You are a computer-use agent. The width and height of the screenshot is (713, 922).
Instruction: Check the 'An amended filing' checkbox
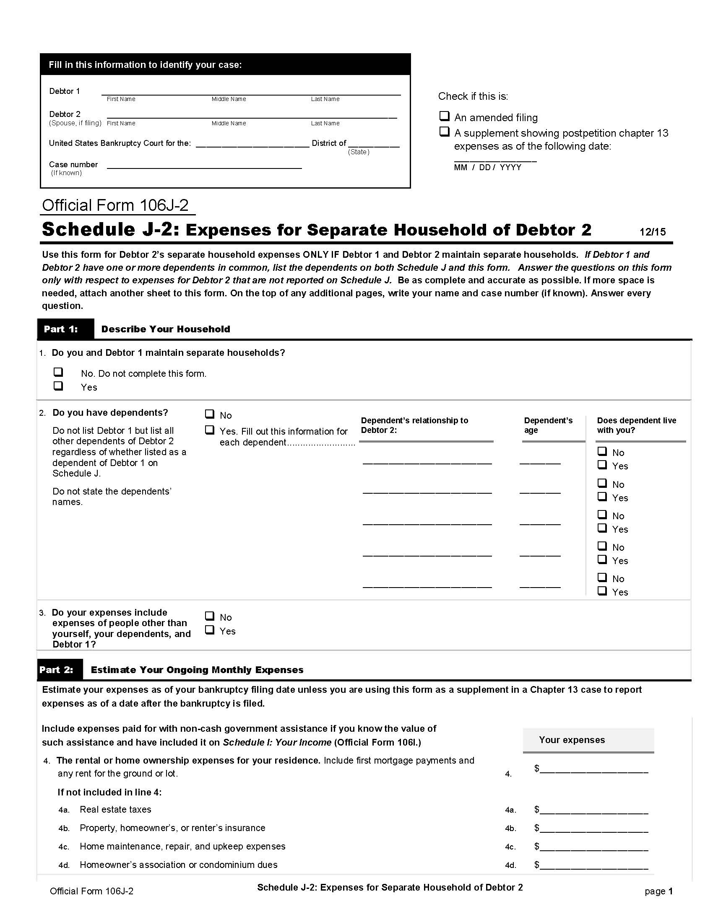pyautogui.click(x=444, y=116)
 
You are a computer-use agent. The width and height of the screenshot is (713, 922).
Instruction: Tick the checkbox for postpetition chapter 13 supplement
pyautogui.click(x=444, y=132)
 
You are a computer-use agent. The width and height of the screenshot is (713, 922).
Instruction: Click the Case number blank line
pyautogui.click(x=204, y=166)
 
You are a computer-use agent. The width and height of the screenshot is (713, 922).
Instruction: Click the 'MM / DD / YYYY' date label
pyautogui.click(x=487, y=168)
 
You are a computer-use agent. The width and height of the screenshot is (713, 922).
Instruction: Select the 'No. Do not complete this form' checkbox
pyautogui.click(x=58, y=372)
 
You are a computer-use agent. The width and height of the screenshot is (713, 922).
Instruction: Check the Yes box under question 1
pyautogui.click(x=58, y=386)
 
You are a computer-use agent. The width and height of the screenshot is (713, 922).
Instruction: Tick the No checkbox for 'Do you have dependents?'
pyautogui.click(x=210, y=414)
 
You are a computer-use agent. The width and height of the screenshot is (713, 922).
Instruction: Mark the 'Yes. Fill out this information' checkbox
pyautogui.click(x=210, y=430)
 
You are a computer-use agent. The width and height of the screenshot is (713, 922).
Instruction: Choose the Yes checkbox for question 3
pyautogui.click(x=210, y=630)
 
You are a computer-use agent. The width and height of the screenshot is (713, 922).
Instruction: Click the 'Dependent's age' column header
pyautogui.click(x=548, y=425)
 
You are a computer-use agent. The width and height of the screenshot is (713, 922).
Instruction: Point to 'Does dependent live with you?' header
pyautogui.click(x=636, y=425)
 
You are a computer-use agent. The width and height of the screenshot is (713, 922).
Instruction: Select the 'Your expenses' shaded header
pyautogui.click(x=588, y=740)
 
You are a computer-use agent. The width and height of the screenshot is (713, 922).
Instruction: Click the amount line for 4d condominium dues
pyautogui.click(x=593, y=865)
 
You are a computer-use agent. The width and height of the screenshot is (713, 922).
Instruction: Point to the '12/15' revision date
pyautogui.click(x=652, y=232)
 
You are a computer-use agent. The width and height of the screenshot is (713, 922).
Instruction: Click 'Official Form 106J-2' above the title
pyautogui.click(x=115, y=206)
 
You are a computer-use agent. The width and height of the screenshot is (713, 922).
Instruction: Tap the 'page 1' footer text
pyautogui.click(x=658, y=891)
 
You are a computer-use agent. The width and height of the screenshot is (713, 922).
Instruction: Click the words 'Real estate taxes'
pyautogui.click(x=115, y=810)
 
